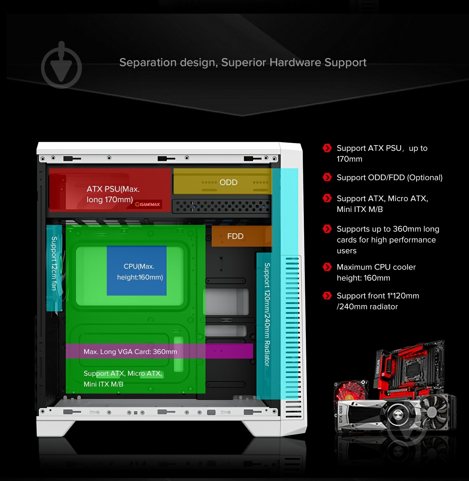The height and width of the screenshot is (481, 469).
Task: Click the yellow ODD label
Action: pyautogui.click(x=228, y=182)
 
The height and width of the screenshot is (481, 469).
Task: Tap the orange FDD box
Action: pyautogui.click(x=241, y=236)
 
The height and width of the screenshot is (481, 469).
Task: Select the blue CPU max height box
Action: pyautogui.click(x=136, y=271)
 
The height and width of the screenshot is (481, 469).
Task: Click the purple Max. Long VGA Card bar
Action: pyautogui.click(x=159, y=351)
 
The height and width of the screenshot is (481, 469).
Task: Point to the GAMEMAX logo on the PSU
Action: pyautogui.click(x=148, y=204)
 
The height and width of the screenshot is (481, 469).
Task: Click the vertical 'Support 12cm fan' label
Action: pyautogui.click(x=54, y=263)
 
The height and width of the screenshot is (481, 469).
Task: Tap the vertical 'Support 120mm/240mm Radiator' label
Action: pyautogui.click(x=267, y=314)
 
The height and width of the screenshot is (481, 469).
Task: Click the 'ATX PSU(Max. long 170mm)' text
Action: pyautogui.click(x=113, y=194)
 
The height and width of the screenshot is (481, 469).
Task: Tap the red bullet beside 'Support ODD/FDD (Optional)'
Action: pyautogui.click(x=327, y=177)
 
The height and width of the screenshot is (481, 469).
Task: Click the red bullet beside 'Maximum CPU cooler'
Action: pyautogui.click(x=327, y=267)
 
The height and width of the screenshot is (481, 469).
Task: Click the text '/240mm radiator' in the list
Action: pyautogui.click(x=367, y=307)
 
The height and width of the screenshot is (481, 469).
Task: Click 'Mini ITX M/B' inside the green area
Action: pyautogui.click(x=103, y=384)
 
